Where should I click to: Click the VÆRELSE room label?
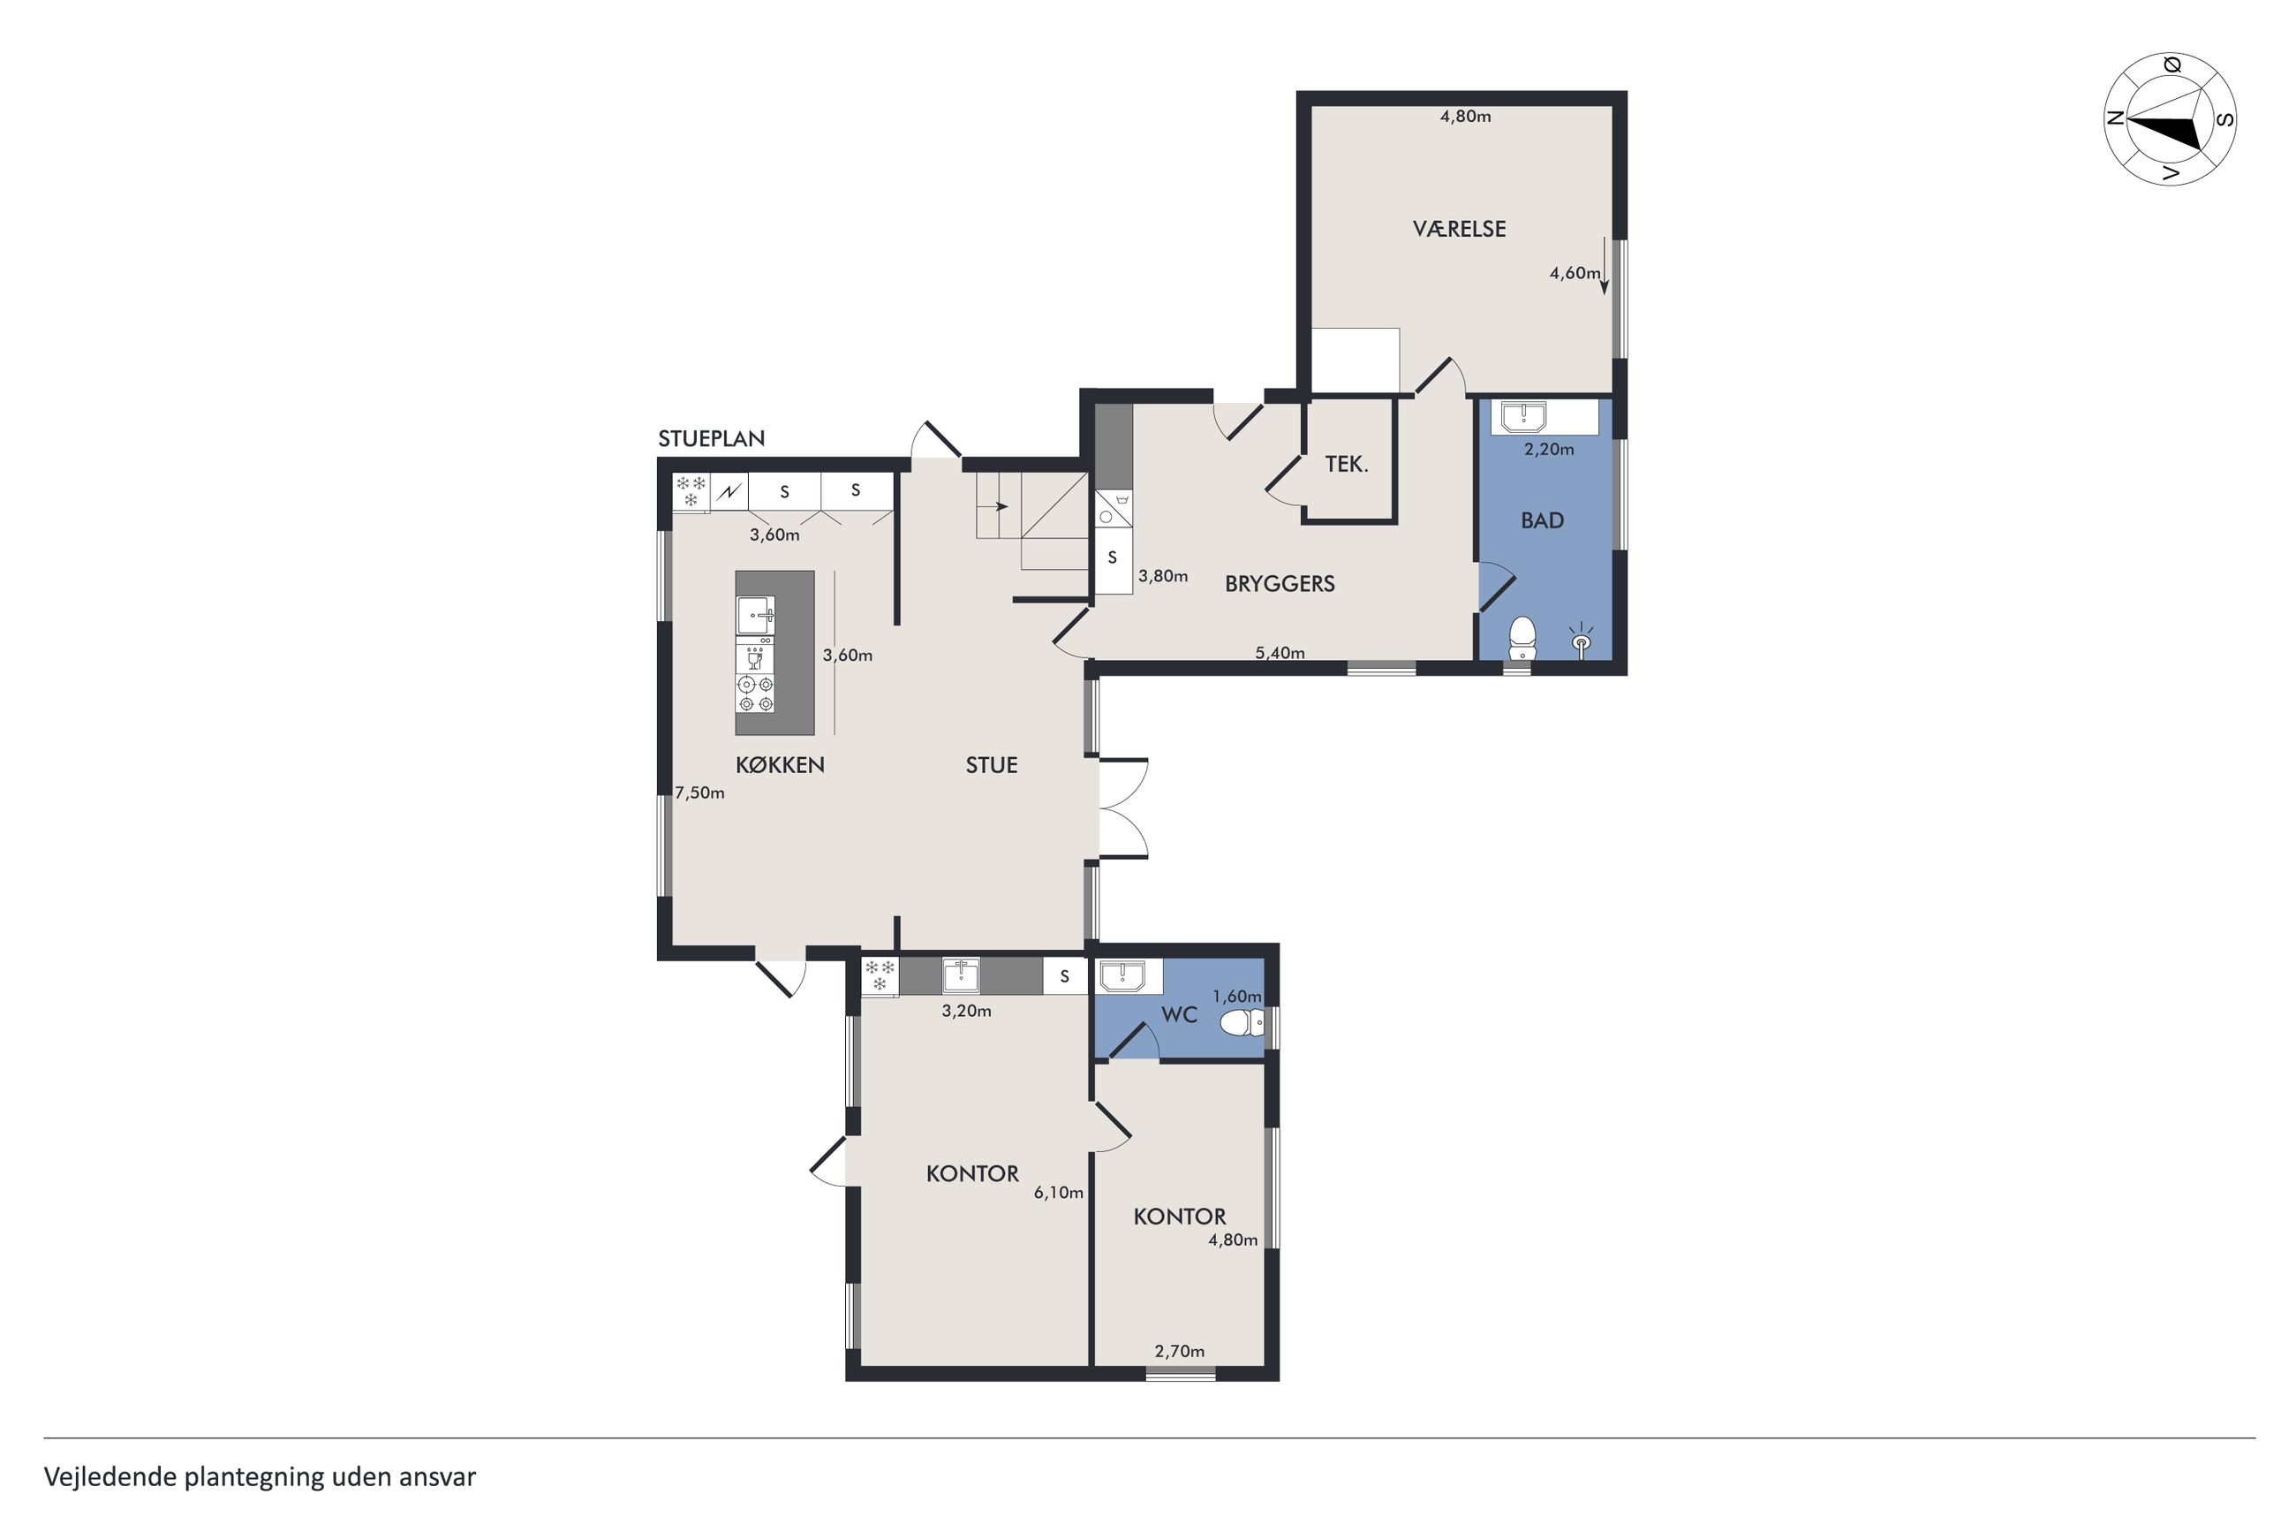[x=1458, y=229]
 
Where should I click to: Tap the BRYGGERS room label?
[x=1280, y=584]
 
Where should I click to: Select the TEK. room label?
[x=1346, y=464]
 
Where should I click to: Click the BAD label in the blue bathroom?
[x=1542, y=520]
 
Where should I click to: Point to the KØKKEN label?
[x=780, y=765]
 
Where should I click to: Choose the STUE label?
[x=992, y=765]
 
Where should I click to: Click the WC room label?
[x=1179, y=1015]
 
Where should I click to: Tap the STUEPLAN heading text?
[x=711, y=439]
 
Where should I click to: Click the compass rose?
[x=2170, y=119]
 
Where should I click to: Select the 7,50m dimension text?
[x=699, y=793]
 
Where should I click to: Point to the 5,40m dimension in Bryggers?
[x=1280, y=653]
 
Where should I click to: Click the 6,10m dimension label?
[x=1059, y=1193]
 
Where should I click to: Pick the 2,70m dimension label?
[x=1179, y=1351]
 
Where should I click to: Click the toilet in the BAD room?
[x=1522, y=639]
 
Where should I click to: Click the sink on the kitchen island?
[x=755, y=616]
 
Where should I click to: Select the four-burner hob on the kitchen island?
[x=755, y=694]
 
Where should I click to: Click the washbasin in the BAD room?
[x=1522, y=417]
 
